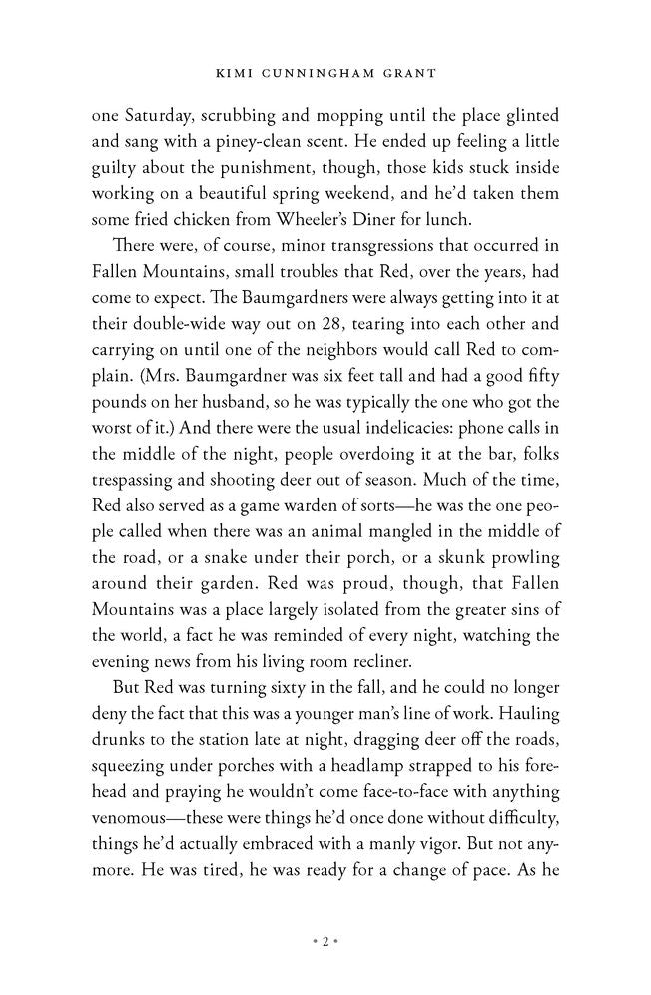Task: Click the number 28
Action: point(325,296)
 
